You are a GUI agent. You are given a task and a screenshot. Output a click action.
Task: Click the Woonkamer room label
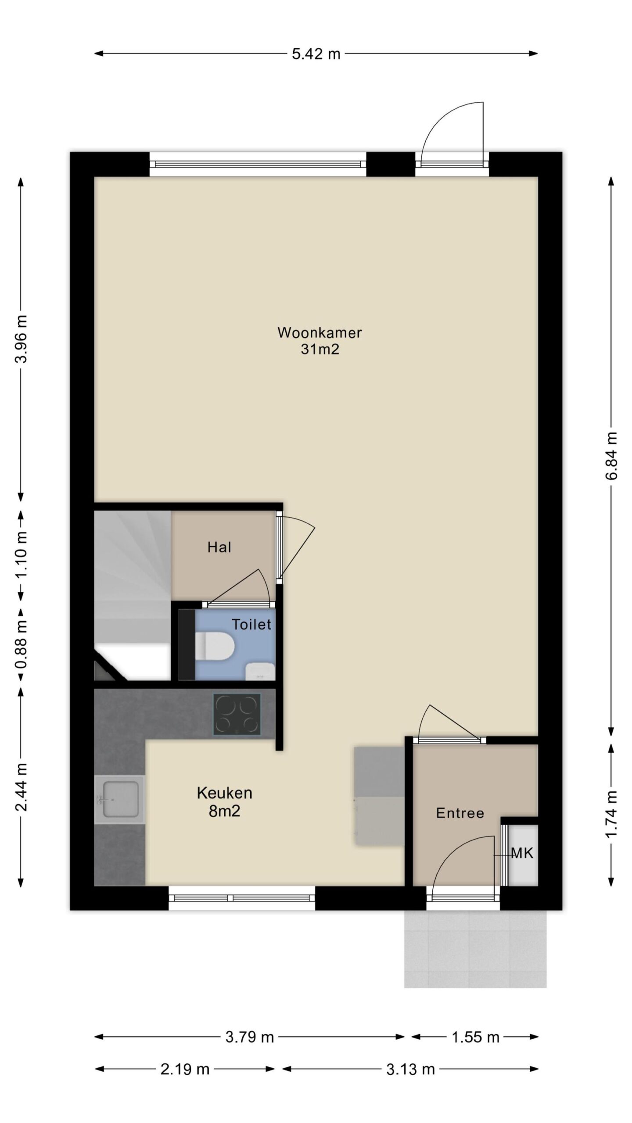click(320, 333)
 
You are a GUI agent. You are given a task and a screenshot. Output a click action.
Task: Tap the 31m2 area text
click(320, 350)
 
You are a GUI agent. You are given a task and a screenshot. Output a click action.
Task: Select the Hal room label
click(219, 547)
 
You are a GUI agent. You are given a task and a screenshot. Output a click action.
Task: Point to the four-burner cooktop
click(237, 714)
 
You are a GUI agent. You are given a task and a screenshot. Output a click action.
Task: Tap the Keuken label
click(225, 793)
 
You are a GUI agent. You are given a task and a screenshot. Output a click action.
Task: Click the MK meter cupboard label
click(522, 853)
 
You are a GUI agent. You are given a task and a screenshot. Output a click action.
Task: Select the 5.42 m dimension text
click(316, 54)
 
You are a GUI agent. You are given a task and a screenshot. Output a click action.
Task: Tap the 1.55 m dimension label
click(476, 1037)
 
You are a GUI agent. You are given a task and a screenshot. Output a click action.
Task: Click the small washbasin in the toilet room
click(260, 671)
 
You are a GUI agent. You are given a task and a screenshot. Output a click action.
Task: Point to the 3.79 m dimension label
click(250, 1037)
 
